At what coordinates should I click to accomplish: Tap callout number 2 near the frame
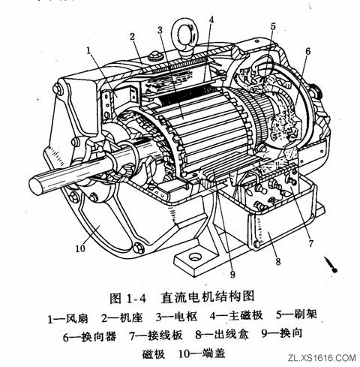[x=132, y=36]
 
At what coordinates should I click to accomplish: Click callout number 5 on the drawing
[x=274, y=26]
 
